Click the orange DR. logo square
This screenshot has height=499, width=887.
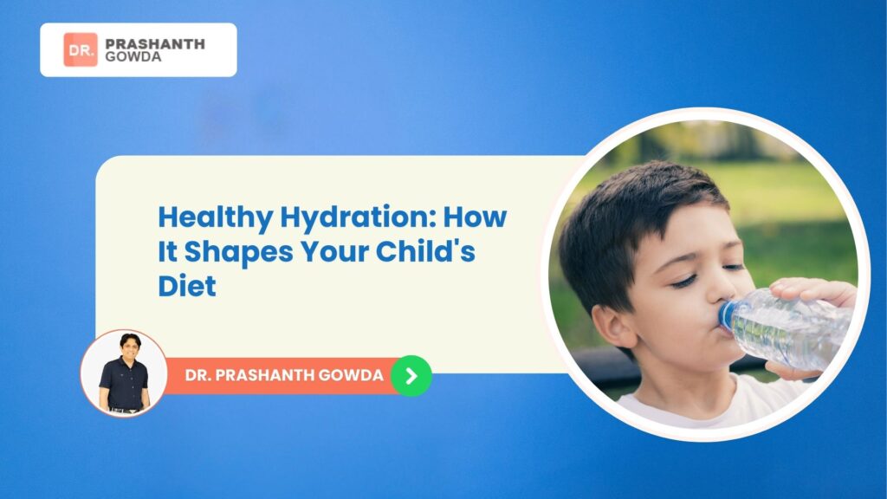click(81, 49)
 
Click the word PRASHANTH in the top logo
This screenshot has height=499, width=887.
click(155, 43)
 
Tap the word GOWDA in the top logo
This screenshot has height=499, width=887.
click(133, 56)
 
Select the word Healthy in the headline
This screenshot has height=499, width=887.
click(215, 217)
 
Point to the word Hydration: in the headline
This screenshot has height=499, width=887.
click(358, 217)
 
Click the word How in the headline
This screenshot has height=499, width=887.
click(475, 217)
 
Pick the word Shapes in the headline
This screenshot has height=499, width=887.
click(239, 252)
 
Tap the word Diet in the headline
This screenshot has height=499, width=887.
click(187, 286)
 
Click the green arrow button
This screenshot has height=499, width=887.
click(411, 376)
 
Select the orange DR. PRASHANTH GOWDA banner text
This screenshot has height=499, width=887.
click(284, 375)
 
